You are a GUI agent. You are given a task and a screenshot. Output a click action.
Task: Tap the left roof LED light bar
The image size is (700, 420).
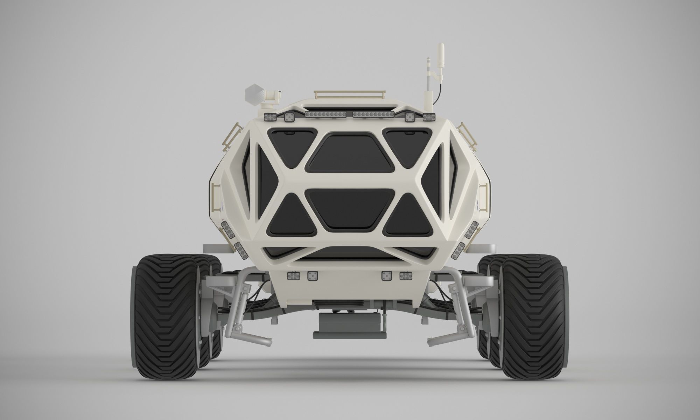pos(326,114)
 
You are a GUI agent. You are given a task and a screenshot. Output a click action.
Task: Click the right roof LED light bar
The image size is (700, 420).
pos(373,114)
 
